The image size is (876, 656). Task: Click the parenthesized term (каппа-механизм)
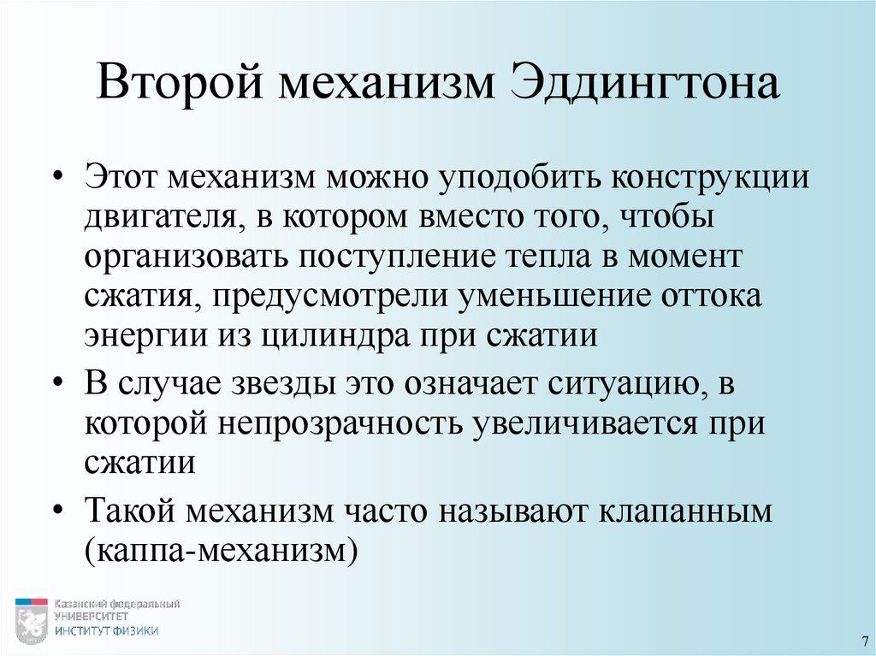219,550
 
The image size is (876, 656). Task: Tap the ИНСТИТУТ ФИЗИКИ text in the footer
106,631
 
